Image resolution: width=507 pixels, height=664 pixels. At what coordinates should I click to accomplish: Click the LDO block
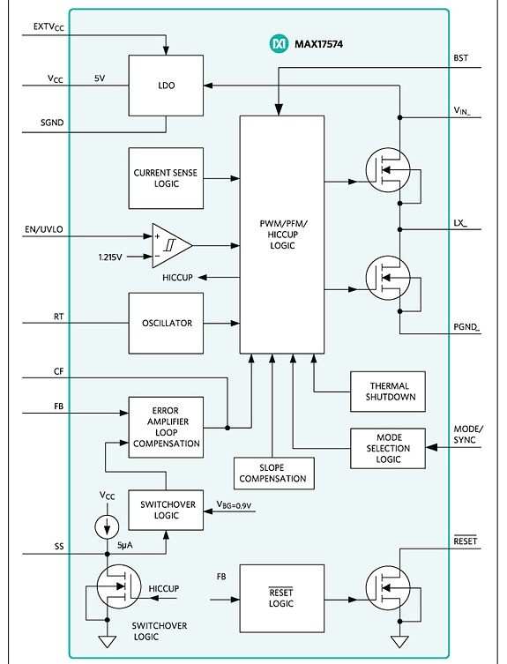[x=166, y=86]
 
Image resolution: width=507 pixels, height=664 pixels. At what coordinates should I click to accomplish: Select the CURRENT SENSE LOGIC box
[x=166, y=178]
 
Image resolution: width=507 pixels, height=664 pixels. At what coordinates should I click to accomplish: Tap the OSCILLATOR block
[x=166, y=323]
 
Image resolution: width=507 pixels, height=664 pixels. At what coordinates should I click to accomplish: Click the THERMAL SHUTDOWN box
[x=388, y=392]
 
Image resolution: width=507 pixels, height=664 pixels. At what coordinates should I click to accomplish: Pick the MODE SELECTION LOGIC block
[x=388, y=448]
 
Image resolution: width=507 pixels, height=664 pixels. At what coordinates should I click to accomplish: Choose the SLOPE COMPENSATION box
[x=274, y=474]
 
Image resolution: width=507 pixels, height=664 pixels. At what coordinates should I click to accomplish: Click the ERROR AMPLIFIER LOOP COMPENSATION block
[x=166, y=428]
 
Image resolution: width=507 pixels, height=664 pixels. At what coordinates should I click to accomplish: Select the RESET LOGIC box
[x=282, y=599]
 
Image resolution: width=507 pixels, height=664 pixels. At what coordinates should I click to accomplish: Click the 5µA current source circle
[x=107, y=526]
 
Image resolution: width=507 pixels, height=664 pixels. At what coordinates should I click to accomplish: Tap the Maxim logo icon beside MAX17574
[x=280, y=43]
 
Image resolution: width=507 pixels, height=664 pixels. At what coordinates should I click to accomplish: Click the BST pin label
[x=461, y=58]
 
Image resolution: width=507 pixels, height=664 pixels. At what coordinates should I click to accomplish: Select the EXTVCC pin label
[x=48, y=27]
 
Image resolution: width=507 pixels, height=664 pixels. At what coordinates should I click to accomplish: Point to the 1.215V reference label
[x=110, y=257]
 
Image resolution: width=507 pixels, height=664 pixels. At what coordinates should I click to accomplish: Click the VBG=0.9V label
[x=234, y=504]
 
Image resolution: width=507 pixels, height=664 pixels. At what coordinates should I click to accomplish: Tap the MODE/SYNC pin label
[x=468, y=435]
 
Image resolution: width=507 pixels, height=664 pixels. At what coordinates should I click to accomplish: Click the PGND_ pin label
[x=466, y=327]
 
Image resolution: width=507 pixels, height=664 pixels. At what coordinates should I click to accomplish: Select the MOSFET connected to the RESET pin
[x=388, y=588]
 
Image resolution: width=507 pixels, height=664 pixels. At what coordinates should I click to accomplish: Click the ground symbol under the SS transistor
[x=108, y=641]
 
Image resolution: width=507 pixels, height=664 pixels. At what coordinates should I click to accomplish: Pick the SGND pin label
[x=52, y=123]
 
